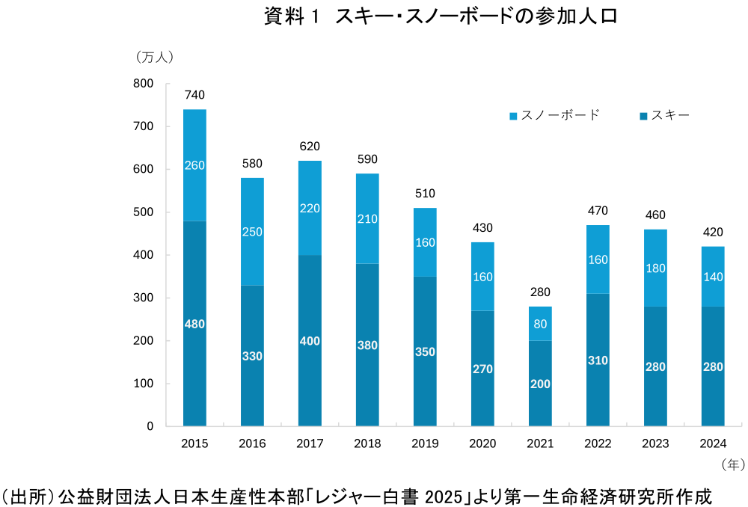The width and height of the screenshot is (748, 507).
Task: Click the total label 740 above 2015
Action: pos(194,95)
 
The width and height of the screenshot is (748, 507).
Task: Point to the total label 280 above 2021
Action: pos(540,292)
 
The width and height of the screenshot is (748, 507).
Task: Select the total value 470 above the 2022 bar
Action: pos(598,210)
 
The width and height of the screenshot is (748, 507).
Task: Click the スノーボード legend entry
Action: pos(554,115)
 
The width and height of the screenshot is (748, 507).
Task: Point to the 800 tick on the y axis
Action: pos(144,84)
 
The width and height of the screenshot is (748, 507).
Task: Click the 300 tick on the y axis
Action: pos(144,298)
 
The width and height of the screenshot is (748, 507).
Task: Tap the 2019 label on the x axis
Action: pos(425,443)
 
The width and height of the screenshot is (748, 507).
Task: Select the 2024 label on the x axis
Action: pos(713,443)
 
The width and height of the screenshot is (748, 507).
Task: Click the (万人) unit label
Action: pos(155,57)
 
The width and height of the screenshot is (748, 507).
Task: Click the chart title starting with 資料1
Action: pos(441,16)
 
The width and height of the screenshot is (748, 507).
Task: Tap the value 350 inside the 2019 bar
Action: pos(425,351)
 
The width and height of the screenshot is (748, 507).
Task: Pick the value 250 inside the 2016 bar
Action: pos(252,232)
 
